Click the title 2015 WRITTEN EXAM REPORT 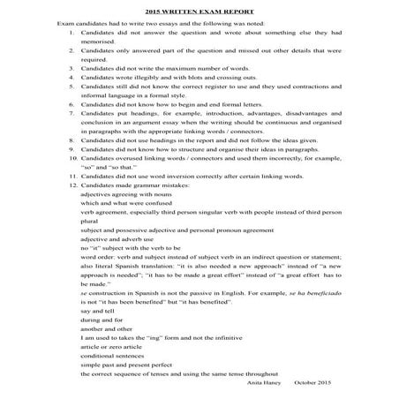(199, 9)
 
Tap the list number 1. (70, 32)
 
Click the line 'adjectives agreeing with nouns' (124, 199)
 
